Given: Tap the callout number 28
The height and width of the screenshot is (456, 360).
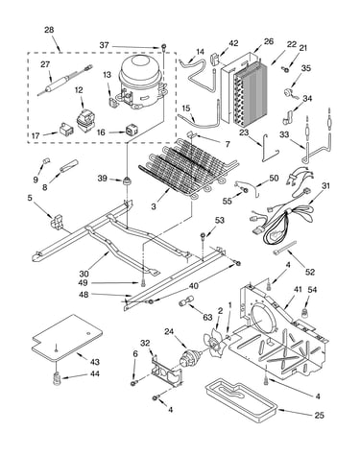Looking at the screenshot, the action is (x=49, y=30).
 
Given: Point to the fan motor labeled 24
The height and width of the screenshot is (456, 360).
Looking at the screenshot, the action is (x=190, y=357).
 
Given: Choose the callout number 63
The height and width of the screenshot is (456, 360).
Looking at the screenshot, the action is (x=207, y=317).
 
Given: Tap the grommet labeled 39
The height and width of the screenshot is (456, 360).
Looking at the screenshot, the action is (x=127, y=181).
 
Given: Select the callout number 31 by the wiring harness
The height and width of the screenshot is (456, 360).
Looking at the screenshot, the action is (x=325, y=186).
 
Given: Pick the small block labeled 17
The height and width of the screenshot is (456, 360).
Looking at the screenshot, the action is (x=65, y=130).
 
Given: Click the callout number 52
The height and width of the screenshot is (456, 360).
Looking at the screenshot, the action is (x=310, y=272).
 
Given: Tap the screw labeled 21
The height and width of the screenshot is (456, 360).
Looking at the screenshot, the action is (x=284, y=68).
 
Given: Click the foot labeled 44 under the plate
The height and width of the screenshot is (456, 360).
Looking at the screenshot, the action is (x=57, y=379).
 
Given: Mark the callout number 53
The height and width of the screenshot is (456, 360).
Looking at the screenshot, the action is (x=220, y=220).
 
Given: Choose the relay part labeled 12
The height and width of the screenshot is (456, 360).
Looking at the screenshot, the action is (x=84, y=119).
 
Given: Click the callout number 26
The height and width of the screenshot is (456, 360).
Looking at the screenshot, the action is (x=269, y=41).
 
